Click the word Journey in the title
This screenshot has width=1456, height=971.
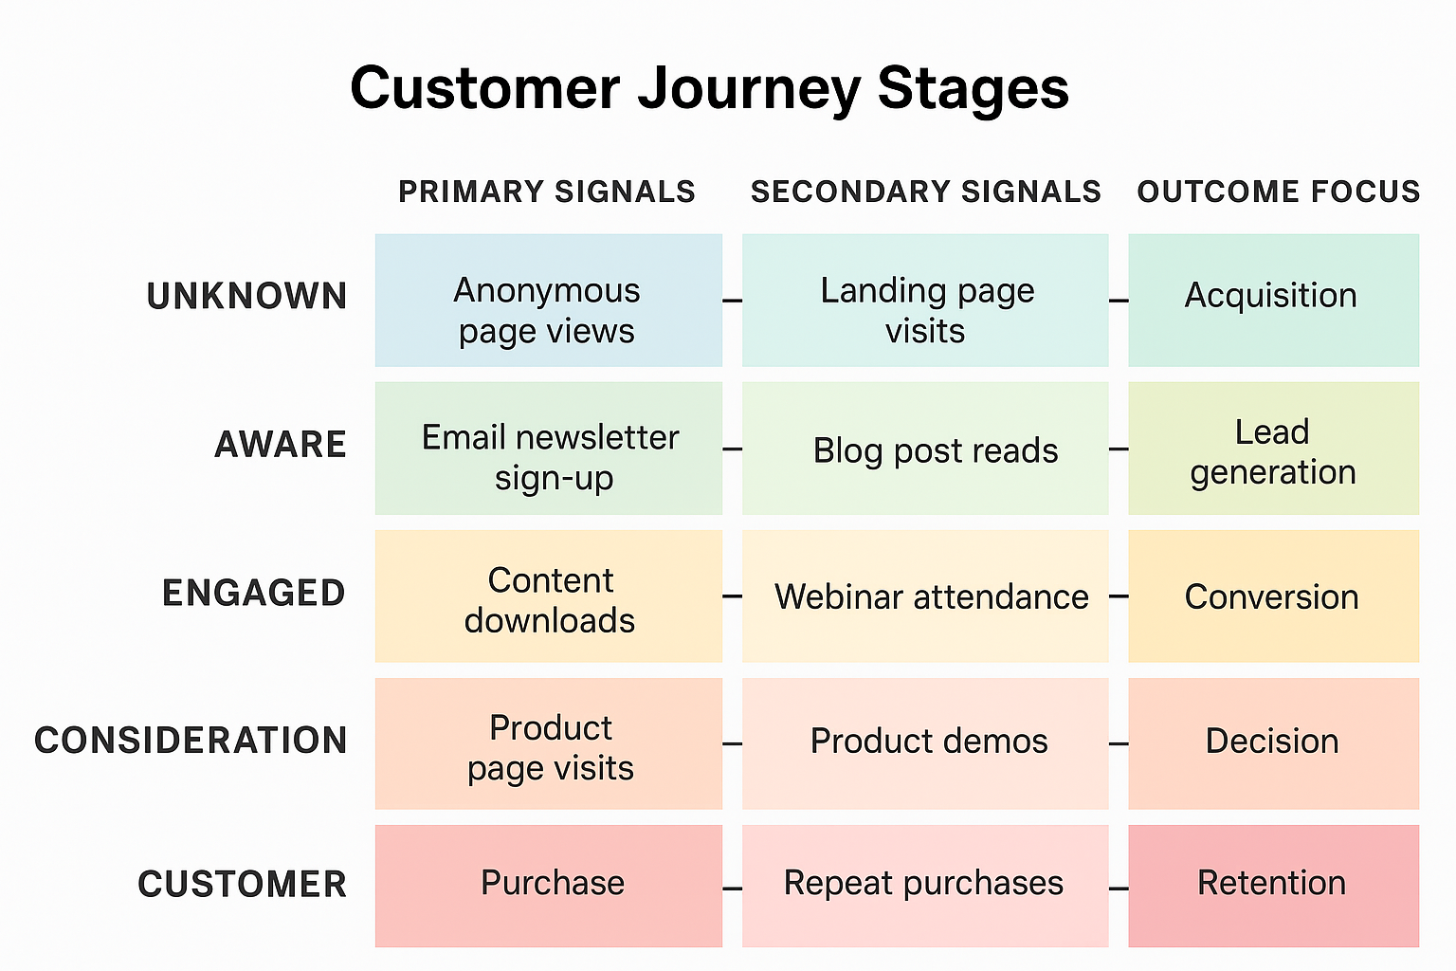click(749, 90)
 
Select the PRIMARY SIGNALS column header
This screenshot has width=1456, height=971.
click(547, 192)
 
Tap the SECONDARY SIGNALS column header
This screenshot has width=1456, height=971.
click(925, 192)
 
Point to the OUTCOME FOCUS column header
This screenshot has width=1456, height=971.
click(1278, 192)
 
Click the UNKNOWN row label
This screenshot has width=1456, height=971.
click(247, 297)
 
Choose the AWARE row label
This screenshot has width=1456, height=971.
click(281, 445)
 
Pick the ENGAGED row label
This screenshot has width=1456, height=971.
click(254, 594)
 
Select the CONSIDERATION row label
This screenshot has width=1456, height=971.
click(191, 741)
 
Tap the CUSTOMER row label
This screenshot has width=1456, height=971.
click(243, 885)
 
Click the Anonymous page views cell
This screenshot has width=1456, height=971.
click(548, 301)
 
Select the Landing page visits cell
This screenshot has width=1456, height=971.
click(925, 301)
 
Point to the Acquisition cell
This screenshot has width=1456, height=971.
click(1272, 301)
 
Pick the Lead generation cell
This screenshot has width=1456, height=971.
click(1272, 449)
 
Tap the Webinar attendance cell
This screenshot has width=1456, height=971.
click(925, 596)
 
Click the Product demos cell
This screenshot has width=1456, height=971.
click(925, 743)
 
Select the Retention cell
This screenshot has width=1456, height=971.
click(1272, 886)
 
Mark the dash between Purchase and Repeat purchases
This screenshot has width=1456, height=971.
click(732, 889)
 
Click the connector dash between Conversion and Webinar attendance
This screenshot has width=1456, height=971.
click(1119, 596)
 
